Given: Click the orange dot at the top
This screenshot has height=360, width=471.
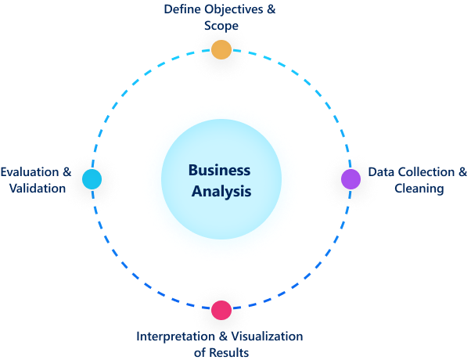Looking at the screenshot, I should pos(221,49).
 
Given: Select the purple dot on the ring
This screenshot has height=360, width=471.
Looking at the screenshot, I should pos(351,178).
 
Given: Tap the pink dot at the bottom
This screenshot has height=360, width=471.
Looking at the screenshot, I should pos(221,309).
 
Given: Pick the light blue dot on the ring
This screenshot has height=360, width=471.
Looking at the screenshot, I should pos(92,179).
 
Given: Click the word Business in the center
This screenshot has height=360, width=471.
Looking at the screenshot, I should pos(219,170).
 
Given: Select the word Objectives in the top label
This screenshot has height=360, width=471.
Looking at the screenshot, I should pos(234,10).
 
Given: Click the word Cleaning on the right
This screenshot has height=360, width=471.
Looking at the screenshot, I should pos(419,189).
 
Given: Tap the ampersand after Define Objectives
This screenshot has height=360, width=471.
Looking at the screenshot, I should pos(271,10).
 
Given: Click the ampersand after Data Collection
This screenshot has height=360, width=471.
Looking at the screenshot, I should pos(462,172).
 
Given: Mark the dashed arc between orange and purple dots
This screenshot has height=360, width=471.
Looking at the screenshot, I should pos(313,88).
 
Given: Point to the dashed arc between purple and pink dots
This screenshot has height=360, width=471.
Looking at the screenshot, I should pos(313,271).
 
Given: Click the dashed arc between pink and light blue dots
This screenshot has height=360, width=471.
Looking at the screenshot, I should pos(130,271).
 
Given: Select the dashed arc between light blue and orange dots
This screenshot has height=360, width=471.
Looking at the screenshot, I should pos(130,88).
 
